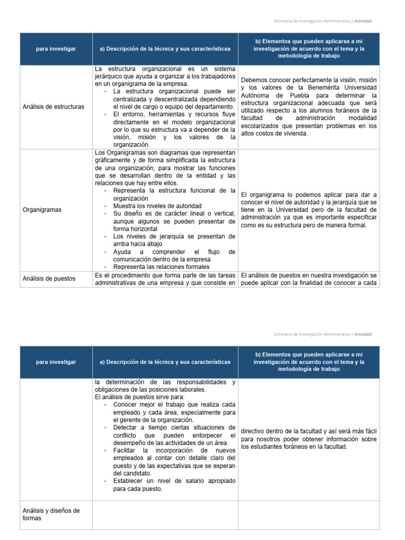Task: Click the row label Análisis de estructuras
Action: pyautogui.click(x=53, y=107)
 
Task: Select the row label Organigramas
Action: pyautogui.click(x=42, y=209)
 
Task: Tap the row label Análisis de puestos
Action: pyautogui.click(x=49, y=278)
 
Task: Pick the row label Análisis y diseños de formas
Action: pyautogui.click(x=51, y=514)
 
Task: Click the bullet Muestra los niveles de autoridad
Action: pyautogui.click(x=157, y=206)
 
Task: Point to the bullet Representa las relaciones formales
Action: pyautogui.click(x=161, y=266)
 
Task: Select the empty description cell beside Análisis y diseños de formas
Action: pyautogui.click(x=165, y=515)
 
